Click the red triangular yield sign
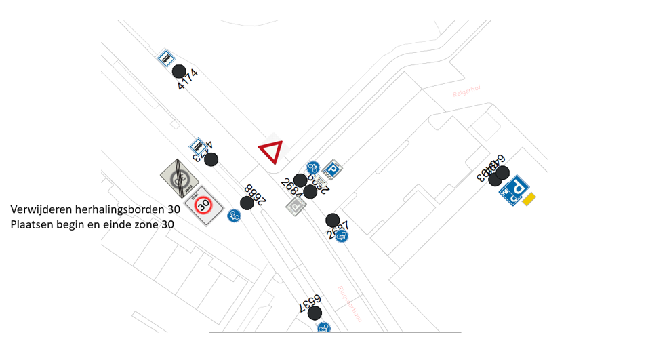[270, 152]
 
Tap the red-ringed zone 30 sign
[203, 205]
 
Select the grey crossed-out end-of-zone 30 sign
[178, 178]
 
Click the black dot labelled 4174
[179, 71]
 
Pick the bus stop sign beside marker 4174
[165, 58]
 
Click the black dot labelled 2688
[247, 203]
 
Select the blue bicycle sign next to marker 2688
[234, 216]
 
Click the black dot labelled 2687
[332, 220]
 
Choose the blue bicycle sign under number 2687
[343, 236]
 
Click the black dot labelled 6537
[315, 313]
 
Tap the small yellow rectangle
[529, 198]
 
